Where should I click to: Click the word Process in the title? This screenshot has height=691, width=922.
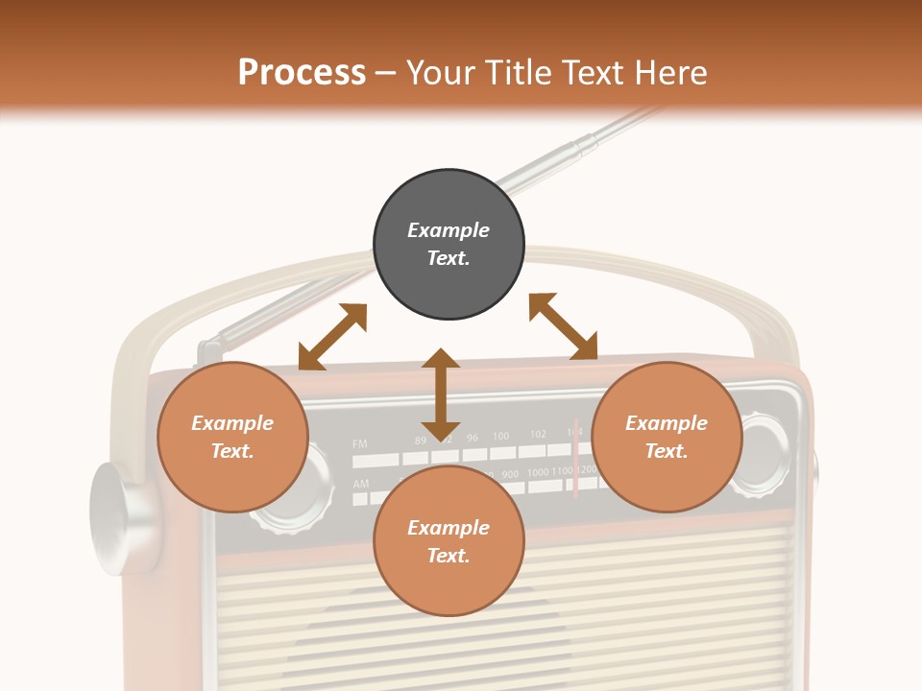(x=302, y=73)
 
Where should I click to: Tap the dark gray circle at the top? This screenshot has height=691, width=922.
(x=449, y=244)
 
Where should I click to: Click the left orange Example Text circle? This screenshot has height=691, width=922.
(x=231, y=437)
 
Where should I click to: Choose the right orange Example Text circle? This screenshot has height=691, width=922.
(x=667, y=437)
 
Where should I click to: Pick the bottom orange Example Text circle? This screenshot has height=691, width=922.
(x=449, y=541)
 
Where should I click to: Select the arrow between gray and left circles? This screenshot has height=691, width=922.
(x=333, y=337)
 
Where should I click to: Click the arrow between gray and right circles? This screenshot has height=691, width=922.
(x=563, y=326)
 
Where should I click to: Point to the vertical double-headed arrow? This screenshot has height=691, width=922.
(x=441, y=395)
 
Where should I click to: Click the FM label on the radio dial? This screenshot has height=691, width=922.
(x=360, y=444)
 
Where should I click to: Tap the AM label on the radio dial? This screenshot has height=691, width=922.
(x=360, y=484)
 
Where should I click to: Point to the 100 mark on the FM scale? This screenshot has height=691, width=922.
(x=500, y=437)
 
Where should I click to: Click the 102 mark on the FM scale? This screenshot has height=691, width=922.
(x=538, y=435)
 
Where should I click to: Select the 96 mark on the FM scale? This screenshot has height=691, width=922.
(x=473, y=438)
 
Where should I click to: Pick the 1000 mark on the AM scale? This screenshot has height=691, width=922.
(x=538, y=472)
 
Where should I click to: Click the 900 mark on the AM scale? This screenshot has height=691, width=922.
(x=510, y=474)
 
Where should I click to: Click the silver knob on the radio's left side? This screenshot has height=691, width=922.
(x=120, y=518)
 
